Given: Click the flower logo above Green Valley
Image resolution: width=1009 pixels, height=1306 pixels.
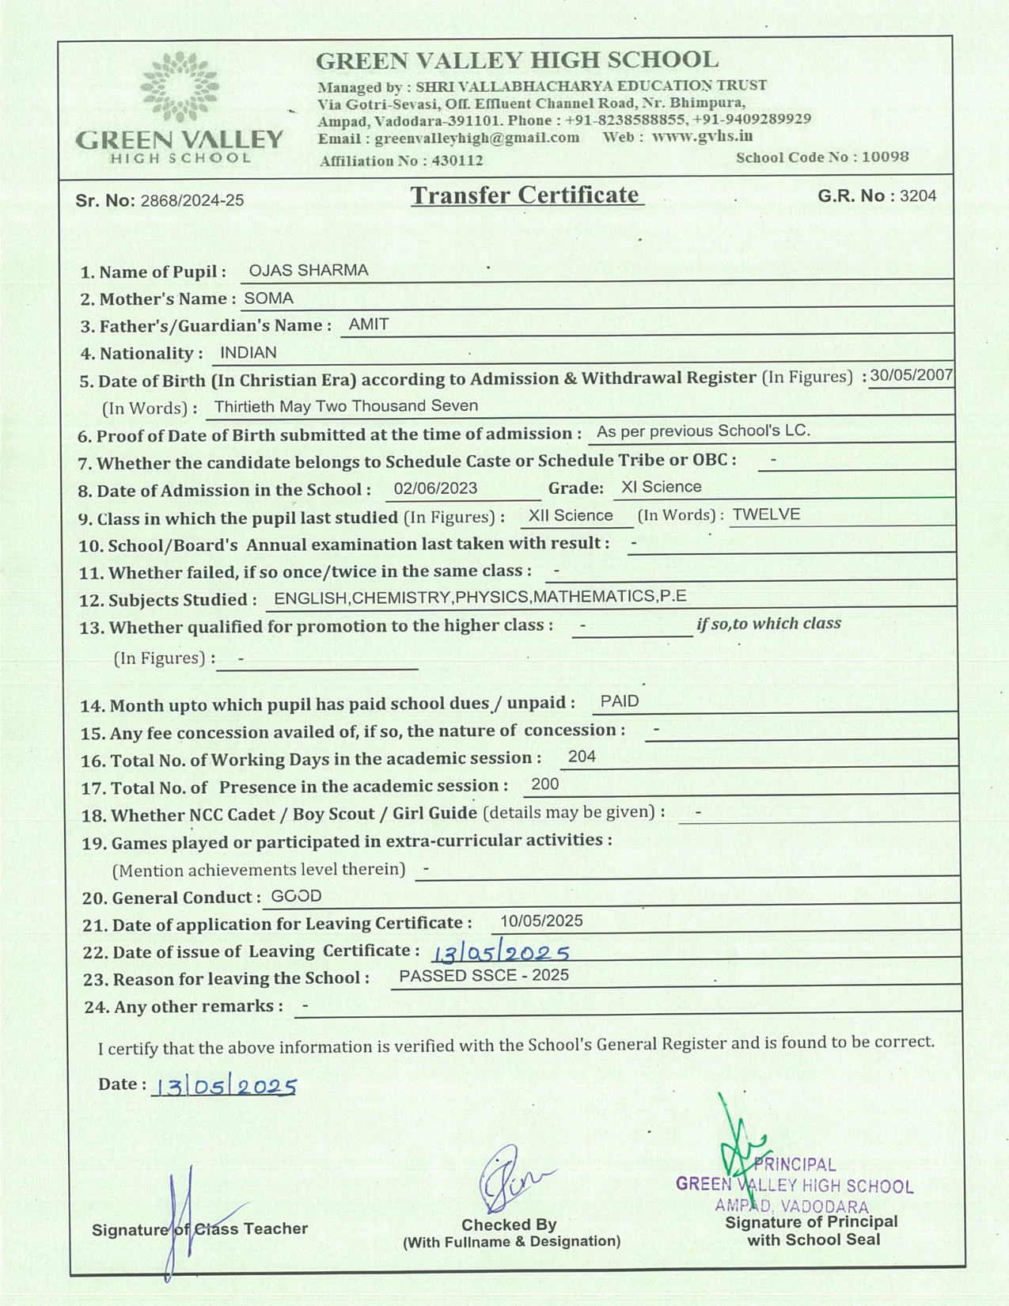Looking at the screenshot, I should tap(180, 86).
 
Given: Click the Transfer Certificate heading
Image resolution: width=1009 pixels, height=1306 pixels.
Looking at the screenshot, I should tap(525, 196).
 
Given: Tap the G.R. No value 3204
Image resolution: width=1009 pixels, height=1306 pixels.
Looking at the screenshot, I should tap(918, 196).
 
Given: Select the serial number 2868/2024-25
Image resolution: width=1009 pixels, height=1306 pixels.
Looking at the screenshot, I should tap(192, 201).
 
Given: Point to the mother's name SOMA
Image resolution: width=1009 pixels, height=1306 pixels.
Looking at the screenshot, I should tap(269, 298).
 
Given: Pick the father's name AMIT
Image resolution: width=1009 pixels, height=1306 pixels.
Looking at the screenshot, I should tap(369, 325).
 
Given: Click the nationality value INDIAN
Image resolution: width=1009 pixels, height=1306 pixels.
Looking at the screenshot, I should tap(248, 353).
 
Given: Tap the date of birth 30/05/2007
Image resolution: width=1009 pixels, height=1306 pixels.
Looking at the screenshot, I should tap(911, 375).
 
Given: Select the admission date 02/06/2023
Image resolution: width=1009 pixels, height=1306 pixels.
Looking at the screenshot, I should tap(435, 488).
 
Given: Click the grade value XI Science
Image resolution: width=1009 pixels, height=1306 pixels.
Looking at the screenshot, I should tap(662, 487).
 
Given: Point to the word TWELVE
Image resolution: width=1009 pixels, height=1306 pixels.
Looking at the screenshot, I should tap(766, 514).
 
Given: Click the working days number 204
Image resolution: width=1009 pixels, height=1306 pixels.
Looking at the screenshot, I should tap(582, 757).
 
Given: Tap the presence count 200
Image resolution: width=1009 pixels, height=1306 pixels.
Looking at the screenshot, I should tap(545, 784).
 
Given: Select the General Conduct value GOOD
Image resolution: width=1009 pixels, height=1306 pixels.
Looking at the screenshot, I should tap(296, 896).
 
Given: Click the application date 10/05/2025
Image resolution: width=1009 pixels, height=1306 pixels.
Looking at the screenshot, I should tap(541, 921).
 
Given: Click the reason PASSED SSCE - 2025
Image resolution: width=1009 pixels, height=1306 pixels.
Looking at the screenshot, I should tap(484, 976).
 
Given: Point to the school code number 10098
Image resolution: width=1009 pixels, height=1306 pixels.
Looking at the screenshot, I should tap(885, 157).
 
